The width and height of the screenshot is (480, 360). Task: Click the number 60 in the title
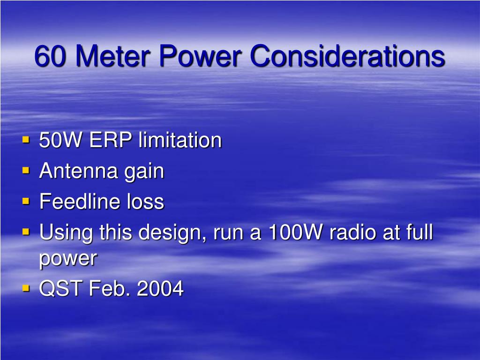click(50, 56)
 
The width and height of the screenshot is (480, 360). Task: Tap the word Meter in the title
click(112, 56)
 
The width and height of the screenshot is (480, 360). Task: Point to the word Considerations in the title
click(347, 56)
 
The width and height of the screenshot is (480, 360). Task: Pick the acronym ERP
click(111, 140)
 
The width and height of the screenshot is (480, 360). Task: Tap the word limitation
click(180, 140)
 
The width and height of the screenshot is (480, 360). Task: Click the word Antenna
click(78, 171)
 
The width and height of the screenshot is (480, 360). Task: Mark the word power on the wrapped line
click(68, 260)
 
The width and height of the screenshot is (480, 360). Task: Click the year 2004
click(160, 288)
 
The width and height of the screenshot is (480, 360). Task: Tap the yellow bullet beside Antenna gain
click(26, 170)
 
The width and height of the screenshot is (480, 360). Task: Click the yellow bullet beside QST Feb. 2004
click(26, 288)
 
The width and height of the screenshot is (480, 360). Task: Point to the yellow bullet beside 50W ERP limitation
click(26, 140)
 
